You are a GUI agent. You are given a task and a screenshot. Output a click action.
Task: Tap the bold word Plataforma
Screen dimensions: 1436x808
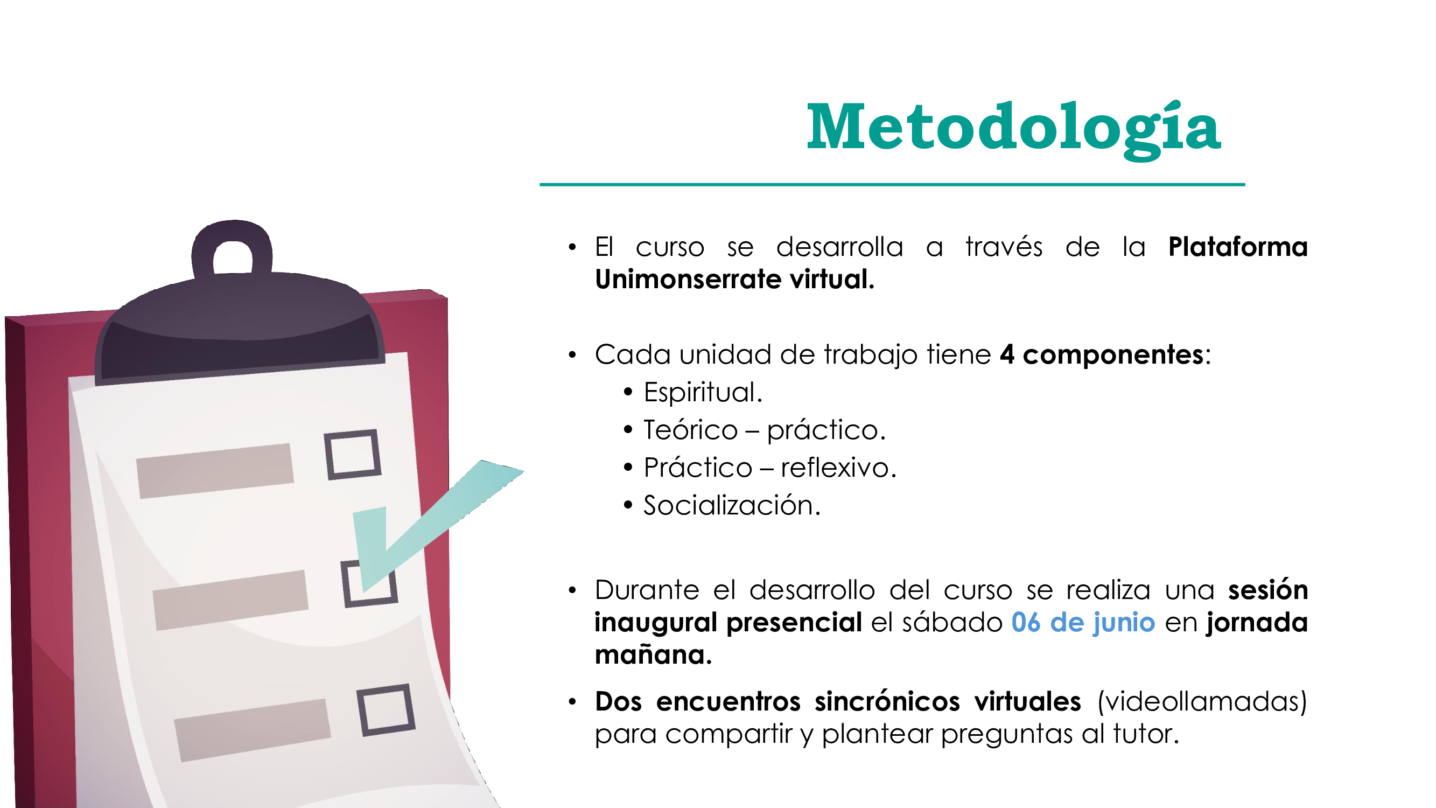(1237, 247)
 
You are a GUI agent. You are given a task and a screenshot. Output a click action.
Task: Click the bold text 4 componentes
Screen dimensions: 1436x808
(1102, 354)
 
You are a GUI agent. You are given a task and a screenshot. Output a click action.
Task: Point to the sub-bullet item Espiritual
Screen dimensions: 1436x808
(703, 393)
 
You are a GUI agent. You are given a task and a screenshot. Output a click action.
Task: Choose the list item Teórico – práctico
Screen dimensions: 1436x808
(764, 430)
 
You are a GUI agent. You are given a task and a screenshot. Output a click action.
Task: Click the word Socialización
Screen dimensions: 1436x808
(732, 506)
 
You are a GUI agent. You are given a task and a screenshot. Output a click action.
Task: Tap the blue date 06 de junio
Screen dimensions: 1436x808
(1083, 622)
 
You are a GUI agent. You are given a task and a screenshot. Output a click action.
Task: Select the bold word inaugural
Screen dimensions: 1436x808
(656, 623)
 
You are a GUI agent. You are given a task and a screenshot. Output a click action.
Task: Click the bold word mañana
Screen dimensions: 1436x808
(653, 654)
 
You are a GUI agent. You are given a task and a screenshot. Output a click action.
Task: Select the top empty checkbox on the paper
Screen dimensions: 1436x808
(353, 455)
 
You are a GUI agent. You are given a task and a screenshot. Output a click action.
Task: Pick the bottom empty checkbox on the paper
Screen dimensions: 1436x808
(386, 710)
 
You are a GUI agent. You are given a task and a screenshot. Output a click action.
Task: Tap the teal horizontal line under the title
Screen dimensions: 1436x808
(892, 184)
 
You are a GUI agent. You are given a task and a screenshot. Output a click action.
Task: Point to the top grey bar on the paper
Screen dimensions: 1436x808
(215, 471)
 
